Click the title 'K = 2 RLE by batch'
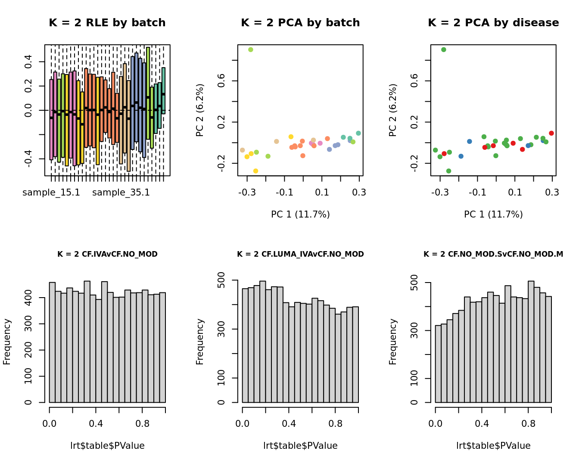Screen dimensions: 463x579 [x=107, y=23]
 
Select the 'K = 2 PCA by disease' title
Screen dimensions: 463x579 [x=493, y=23]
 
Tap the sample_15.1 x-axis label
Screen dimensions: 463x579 [x=51, y=193]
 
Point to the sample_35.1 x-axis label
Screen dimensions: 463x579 [x=121, y=193]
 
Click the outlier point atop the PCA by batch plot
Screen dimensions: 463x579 [x=251, y=50]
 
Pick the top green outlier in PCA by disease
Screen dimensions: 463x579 [x=444, y=50]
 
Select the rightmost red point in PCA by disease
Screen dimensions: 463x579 [x=551, y=134]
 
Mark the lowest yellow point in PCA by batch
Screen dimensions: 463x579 [x=255, y=171]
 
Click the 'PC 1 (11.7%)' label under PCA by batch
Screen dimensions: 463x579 [x=300, y=214]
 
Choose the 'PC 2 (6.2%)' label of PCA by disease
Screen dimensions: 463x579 [x=392, y=110]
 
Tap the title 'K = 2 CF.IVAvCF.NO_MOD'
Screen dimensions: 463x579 [x=107, y=254]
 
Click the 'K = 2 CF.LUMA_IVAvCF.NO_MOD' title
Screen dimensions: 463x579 [x=300, y=254]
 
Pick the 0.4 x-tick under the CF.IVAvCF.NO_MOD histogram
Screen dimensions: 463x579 [x=96, y=424]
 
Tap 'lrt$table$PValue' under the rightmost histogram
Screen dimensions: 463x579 [x=493, y=446]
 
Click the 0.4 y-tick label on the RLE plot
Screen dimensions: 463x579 [x=28, y=62]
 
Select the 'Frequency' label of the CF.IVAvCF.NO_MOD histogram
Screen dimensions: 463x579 [x=7, y=342]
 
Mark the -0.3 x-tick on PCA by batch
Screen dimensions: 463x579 [x=247, y=193]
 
